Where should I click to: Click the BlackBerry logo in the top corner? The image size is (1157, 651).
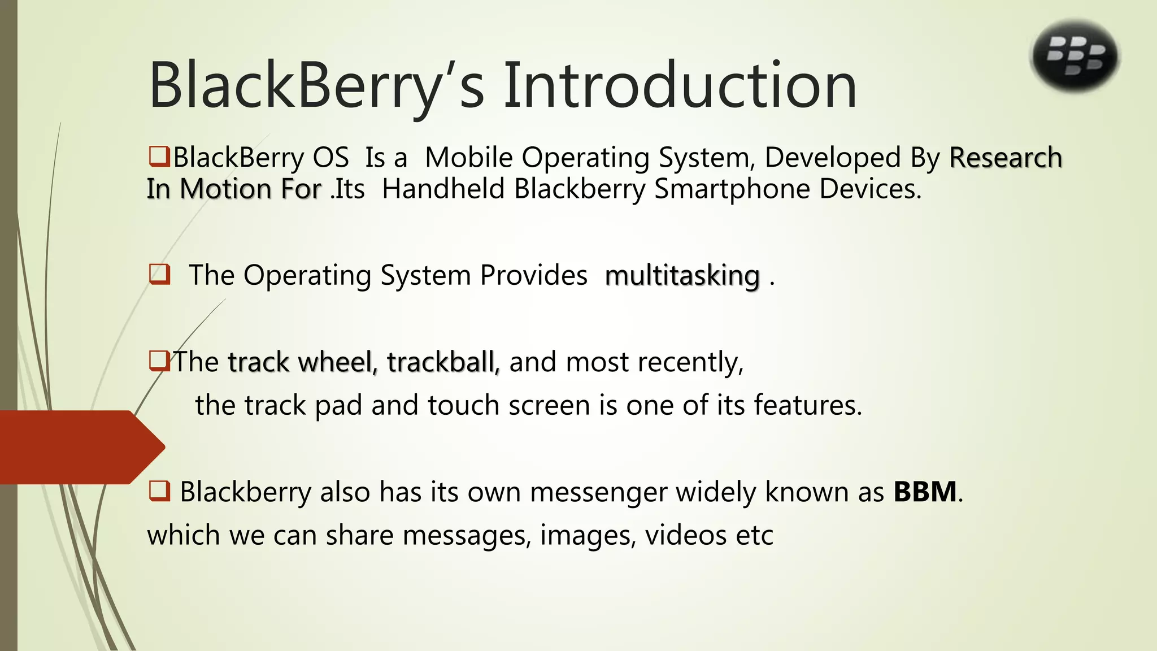(x=1075, y=57)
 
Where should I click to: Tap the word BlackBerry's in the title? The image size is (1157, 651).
(x=316, y=86)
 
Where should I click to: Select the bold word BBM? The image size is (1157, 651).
(x=925, y=492)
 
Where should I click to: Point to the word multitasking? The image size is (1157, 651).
(x=682, y=276)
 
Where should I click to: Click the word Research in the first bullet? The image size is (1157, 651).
(x=1006, y=158)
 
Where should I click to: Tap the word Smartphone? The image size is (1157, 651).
(x=732, y=189)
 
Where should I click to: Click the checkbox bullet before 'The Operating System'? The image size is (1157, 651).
(x=159, y=275)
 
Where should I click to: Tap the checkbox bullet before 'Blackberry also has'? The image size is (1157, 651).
(x=159, y=491)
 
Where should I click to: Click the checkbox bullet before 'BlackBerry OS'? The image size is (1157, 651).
(x=159, y=157)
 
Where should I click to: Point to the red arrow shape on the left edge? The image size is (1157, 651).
(x=79, y=447)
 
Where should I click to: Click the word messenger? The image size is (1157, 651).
(x=598, y=492)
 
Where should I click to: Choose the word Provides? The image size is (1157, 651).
(x=533, y=276)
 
